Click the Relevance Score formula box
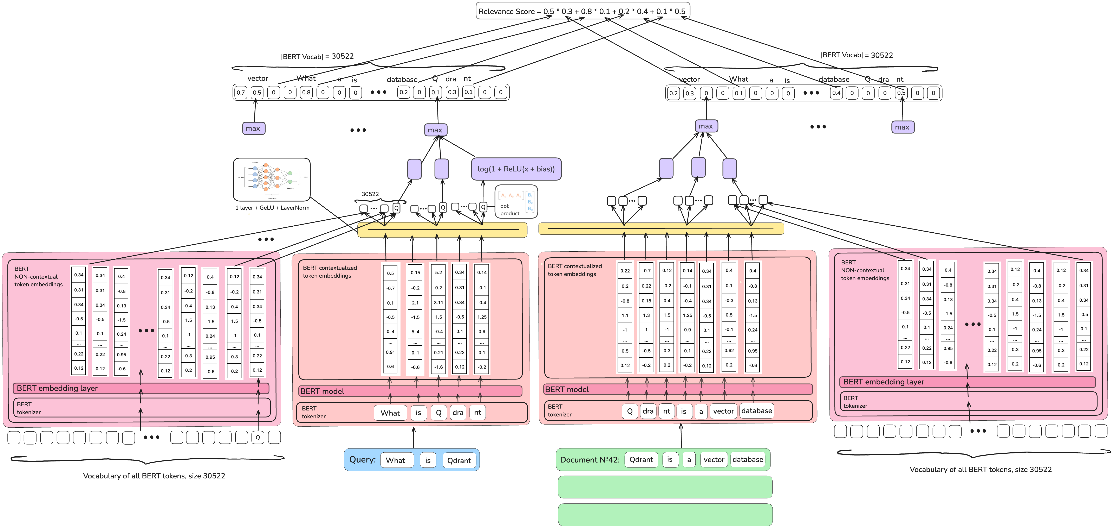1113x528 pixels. point(582,11)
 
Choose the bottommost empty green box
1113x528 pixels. point(665,515)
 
